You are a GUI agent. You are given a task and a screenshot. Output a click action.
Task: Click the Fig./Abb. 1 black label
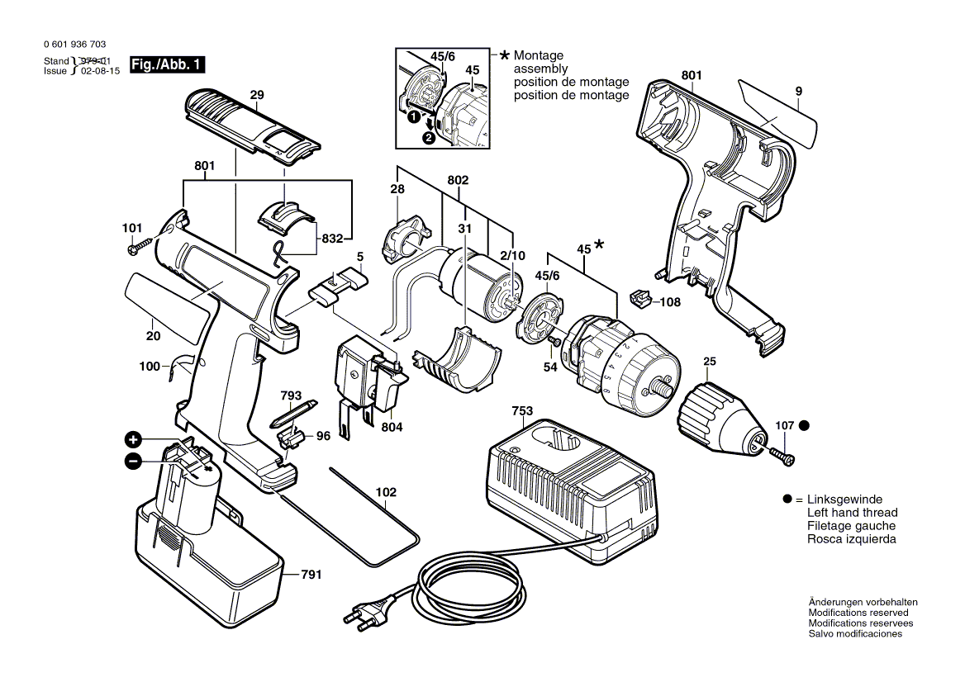pyautogui.click(x=167, y=64)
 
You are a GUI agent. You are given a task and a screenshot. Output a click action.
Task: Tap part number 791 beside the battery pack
pyautogui.click(x=311, y=575)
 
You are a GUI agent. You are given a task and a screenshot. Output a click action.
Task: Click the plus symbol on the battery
pyautogui.click(x=134, y=440)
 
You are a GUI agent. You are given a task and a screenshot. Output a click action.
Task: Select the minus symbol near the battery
pyautogui.click(x=133, y=461)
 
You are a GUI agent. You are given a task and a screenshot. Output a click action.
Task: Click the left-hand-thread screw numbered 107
pyautogui.click(x=781, y=455)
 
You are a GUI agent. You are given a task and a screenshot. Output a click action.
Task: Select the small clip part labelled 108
pyautogui.click(x=640, y=299)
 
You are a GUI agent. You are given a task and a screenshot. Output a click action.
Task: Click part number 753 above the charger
pyautogui.click(x=522, y=411)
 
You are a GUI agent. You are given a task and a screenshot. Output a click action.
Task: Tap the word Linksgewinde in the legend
pyautogui.click(x=844, y=500)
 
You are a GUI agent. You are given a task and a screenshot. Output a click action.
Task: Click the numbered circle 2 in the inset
pyautogui.click(x=429, y=138)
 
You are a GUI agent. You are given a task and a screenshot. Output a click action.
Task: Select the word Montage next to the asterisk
pyautogui.click(x=539, y=55)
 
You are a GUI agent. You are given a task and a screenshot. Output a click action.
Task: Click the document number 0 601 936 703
pyautogui.click(x=75, y=45)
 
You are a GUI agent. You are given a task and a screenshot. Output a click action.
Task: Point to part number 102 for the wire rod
pyautogui.click(x=386, y=492)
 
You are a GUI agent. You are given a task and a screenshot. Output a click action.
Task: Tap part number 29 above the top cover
pyautogui.click(x=257, y=95)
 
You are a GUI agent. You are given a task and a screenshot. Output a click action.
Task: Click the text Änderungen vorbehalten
pyautogui.click(x=863, y=602)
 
